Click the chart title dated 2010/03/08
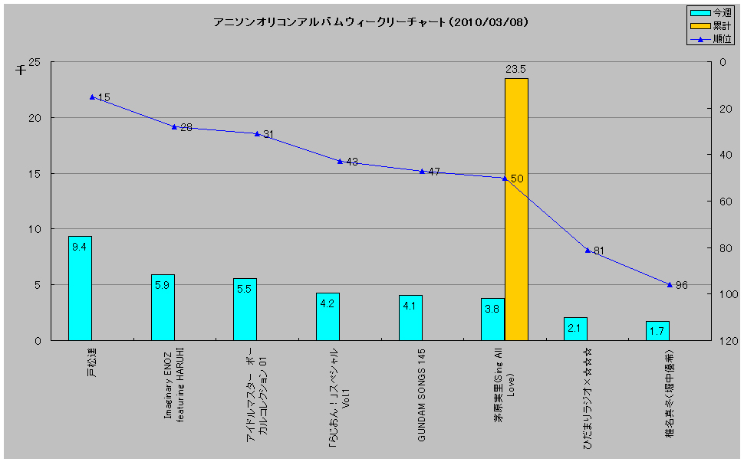coord(370,22)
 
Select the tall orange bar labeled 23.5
coord(516,208)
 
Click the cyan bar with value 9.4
coord(80,288)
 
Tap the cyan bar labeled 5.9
coord(163,307)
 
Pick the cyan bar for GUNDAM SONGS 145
coord(410,317)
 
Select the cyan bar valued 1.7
coord(657,330)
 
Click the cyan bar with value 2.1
coord(575,329)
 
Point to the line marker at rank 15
coord(92,97)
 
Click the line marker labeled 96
coord(670,285)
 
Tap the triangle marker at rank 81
coord(588,250)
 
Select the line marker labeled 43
coord(340,162)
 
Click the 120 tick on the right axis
coord(722,340)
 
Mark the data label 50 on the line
coord(517,179)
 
